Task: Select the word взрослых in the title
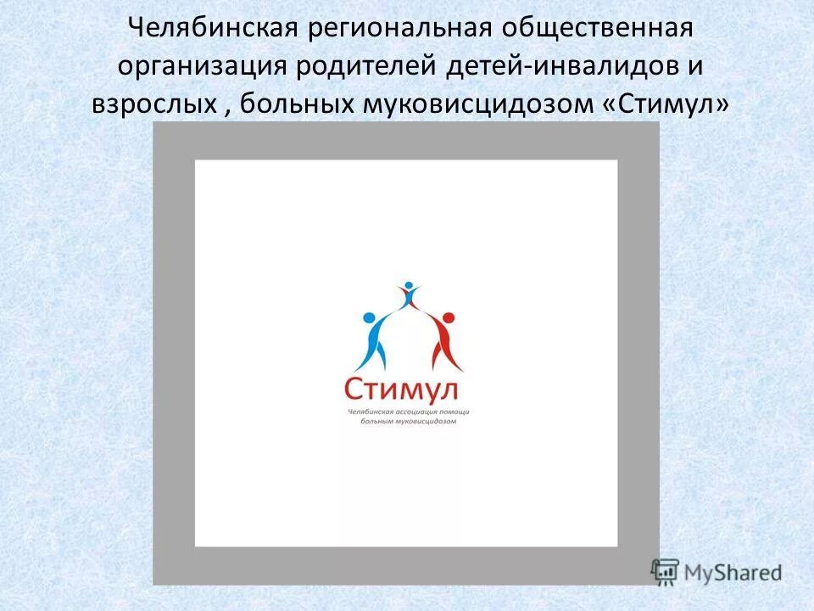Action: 148,104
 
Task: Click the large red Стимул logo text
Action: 401,390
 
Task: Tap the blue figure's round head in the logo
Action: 369,319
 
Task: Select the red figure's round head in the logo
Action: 449,318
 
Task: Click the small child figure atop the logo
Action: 409,294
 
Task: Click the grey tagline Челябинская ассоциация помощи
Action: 408,412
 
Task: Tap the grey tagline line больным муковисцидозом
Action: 408,421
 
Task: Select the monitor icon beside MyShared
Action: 666,571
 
